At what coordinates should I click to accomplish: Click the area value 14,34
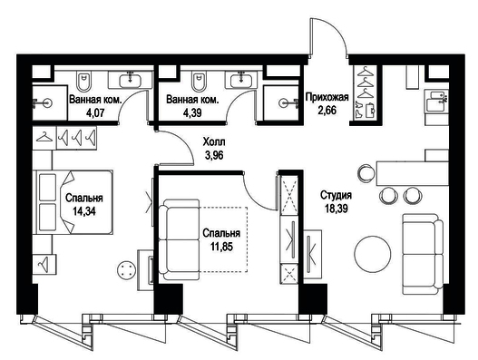point(83,211)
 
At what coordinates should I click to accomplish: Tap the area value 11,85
point(221,247)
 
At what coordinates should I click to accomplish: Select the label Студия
point(336,195)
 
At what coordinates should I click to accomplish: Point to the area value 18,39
point(337,209)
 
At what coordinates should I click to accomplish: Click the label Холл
point(214,142)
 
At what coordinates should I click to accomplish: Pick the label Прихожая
point(327,97)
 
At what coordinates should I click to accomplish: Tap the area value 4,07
point(95,113)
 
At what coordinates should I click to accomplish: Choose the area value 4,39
point(192,113)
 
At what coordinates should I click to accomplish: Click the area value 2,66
point(327,110)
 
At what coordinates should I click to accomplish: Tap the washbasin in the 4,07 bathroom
point(131,80)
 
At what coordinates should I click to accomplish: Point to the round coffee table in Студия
point(373,254)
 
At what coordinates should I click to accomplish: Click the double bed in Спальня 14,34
point(74,202)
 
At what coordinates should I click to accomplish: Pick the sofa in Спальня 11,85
point(179,239)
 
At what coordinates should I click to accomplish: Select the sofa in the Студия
point(423,254)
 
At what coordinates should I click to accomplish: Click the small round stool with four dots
point(126,270)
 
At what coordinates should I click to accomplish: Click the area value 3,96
point(214,155)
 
